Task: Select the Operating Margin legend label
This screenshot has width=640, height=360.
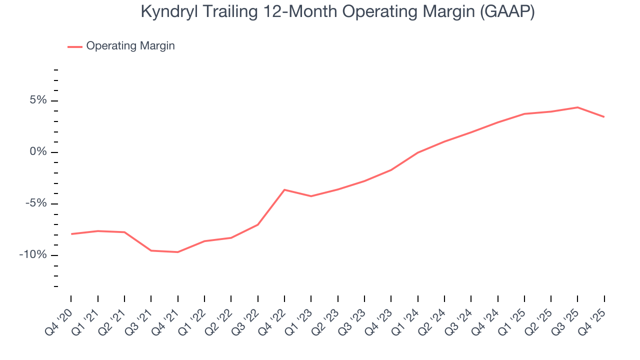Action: click(130, 46)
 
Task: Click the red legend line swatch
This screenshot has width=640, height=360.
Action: click(75, 46)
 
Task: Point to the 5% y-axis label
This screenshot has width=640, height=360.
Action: click(38, 100)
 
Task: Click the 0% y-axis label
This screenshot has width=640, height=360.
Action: click(38, 152)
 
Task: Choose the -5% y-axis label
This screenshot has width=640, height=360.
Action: click(36, 203)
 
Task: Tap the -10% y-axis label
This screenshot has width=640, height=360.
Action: click(33, 255)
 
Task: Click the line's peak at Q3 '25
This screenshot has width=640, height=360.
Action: click(577, 107)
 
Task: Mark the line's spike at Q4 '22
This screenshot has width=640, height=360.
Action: click(284, 189)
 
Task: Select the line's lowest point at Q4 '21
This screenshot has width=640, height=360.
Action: click(177, 252)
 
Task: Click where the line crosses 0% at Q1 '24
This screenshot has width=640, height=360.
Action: click(417, 152)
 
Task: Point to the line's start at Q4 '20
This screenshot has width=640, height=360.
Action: click(71, 234)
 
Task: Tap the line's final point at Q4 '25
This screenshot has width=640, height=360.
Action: click(604, 117)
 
